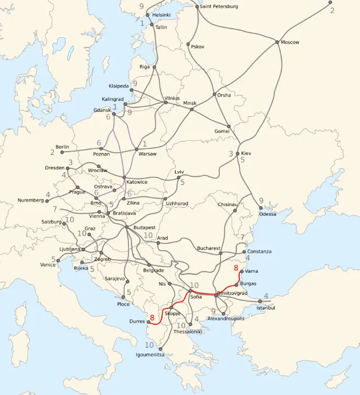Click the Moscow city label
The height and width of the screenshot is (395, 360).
click(290, 42)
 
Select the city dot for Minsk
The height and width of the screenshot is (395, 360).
click(192, 109)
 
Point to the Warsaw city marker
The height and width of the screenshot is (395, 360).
click(136, 149)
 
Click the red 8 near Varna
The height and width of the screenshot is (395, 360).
click(236, 268)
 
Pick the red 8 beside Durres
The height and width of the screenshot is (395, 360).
click(152, 317)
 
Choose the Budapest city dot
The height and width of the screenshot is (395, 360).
click(127, 227)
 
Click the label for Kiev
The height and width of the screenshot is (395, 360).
click(246, 153)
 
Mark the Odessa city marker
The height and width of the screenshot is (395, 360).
click(261, 208)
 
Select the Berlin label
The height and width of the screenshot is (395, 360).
click(63, 146)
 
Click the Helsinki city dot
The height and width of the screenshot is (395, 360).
click(147, 15)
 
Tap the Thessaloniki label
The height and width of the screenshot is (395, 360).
click(188, 332)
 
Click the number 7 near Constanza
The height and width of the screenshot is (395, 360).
click(243, 238)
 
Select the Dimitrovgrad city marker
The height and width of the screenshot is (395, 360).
click(216, 296)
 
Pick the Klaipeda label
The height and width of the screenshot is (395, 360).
click(119, 86)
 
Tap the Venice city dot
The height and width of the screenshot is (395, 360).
click(58, 260)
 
